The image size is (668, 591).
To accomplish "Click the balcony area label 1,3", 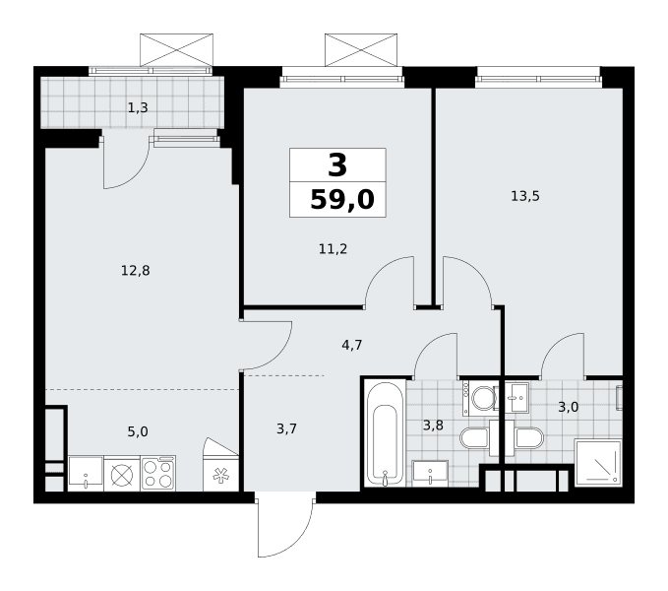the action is point(138,108).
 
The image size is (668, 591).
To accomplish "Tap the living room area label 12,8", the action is point(136,270).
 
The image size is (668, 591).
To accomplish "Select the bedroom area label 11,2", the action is point(334,248).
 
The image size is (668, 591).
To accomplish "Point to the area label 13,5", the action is point(525,196).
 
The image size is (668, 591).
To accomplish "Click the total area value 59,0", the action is point(342,200).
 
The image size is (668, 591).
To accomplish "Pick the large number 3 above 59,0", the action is point(337,165).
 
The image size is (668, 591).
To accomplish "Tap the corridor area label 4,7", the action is point(352,345).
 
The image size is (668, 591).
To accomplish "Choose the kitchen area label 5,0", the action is point(138,431).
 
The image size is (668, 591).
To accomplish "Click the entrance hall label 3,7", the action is point(286,428).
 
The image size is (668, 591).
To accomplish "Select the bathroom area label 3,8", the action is point(433,426).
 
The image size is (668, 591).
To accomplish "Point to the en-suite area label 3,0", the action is point(569,407).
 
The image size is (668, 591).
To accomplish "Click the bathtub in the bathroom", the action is point(385,433).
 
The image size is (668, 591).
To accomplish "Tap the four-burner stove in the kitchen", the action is point(158,474).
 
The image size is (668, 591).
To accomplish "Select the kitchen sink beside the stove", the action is point(86,474).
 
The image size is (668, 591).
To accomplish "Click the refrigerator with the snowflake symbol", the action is point(220,473).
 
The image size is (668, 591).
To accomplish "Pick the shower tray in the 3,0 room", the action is point(598,463).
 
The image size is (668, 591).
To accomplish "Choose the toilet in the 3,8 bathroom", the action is point(474,438).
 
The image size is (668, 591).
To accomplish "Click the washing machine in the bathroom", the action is point(479,399).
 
